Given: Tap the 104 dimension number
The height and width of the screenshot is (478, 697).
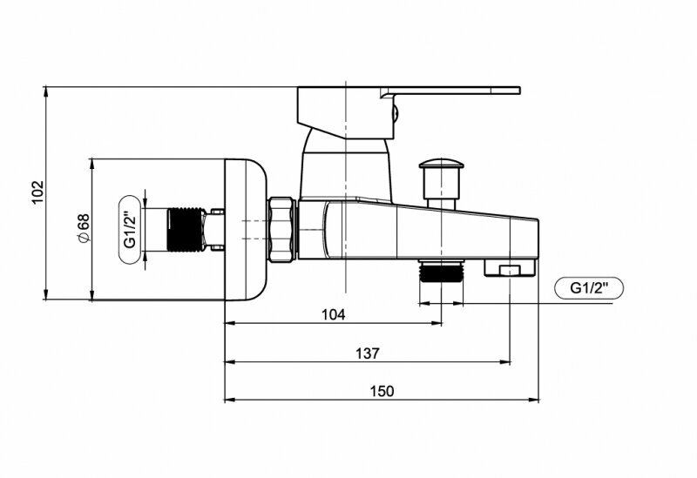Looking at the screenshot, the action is (x=333, y=314).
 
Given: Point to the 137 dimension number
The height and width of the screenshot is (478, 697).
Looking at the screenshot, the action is (x=367, y=353).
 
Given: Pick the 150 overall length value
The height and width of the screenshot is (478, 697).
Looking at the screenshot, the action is (x=381, y=391).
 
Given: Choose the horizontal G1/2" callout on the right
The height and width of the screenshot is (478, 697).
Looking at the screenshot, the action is (x=589, y=287).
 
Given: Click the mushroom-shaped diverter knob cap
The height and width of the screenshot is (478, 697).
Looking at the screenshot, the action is (x=441, y=164).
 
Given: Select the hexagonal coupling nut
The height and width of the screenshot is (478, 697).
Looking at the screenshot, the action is (x=282, y=229).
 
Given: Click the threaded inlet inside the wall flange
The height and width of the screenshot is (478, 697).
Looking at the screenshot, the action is (x=185, y=229).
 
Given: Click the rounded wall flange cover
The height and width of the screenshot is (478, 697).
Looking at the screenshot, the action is (x=246, y=229).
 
